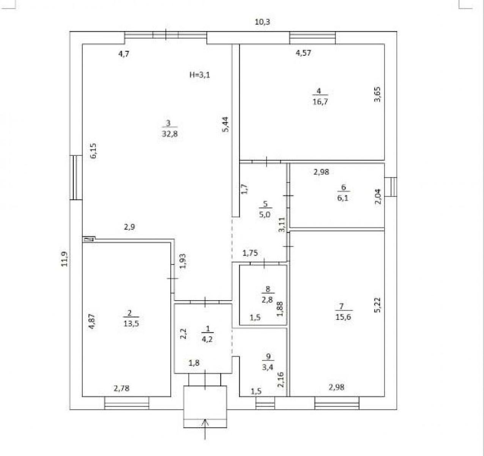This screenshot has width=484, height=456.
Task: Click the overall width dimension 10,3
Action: [262, 22]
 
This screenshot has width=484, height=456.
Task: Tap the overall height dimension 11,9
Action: [64, 259]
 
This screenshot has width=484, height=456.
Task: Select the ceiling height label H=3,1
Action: [200, 75]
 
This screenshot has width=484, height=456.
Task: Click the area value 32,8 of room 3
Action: [170, 134]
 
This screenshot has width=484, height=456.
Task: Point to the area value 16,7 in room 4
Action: [320, 101]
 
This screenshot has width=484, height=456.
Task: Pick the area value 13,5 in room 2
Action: [131, 323]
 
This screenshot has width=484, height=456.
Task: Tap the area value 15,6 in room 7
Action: [343, 317]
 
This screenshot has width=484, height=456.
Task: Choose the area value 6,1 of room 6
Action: [343, 198]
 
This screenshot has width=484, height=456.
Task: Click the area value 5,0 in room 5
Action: [265, 215]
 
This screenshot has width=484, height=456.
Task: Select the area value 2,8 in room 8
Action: [267, 299]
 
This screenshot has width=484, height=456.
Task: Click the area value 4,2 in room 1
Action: [207, 339]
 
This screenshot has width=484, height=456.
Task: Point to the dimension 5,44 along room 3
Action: [225, 124]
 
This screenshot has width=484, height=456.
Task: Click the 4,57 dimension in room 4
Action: [303, 53]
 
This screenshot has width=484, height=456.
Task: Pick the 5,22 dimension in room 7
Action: [377, 305]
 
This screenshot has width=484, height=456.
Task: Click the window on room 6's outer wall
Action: [391, 187]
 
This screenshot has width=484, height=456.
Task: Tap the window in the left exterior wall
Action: [76, 177]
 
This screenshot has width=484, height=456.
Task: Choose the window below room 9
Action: [265, 403]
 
